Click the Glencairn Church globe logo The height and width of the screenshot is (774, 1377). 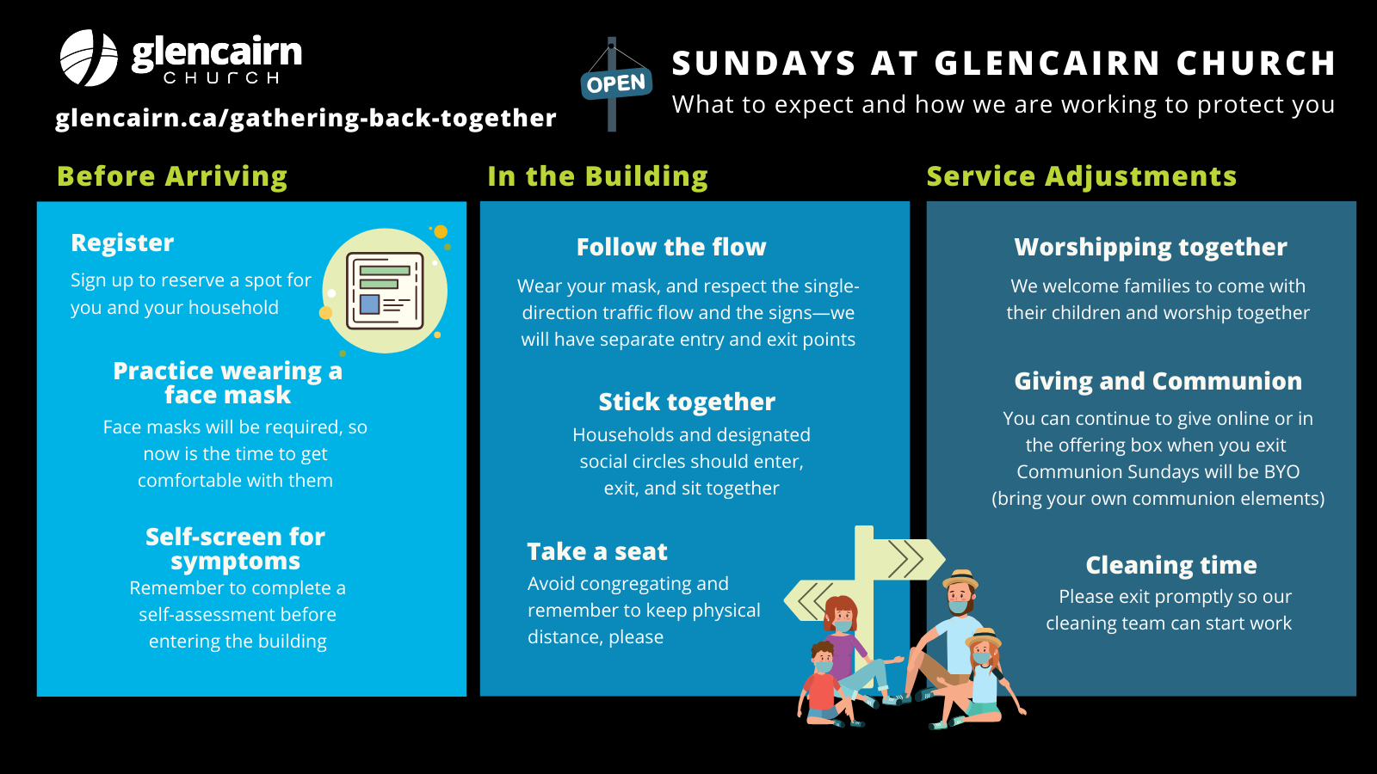pyautogui.click(x=89, y=58)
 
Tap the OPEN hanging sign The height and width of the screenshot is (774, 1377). pyautogui.click(x=616, y=84)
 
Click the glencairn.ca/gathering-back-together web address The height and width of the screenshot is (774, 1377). pyautogui.click(x=306, y=118)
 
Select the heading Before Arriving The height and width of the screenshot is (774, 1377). pyautogui.click(x=172, y=176)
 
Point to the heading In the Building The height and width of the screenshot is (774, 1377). pyautogui.click(x=597, y=176)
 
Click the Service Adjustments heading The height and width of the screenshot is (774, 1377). pyautogui.click(x=1081, y=176)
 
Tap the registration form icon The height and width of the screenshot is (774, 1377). pyautogui.click(x=385, y=291)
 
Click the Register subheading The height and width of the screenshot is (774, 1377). pyautogui.click(x=122, y=243)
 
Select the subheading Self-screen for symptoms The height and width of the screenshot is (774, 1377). pyautogui.click(x=236, y=549)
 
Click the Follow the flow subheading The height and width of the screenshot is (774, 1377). pyautogui.click(x=671, y=247)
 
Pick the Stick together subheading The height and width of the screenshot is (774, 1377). pyautogui.click(x=687, y=402)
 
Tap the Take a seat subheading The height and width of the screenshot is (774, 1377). pyautogui.click(x=597, y=551)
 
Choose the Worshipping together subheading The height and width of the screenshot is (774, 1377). pyautogui.click(x=1151, y=247)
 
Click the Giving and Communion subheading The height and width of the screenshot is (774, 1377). pyautogui.click(x=1158, y=381)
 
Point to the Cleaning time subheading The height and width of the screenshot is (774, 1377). pyautogui.click(x=1171, y=565)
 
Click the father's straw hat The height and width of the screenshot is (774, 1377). pyautogui.click(x=960, y=580)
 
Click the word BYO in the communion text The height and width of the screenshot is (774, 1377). pyautogui.click(x=1281, y=472)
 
